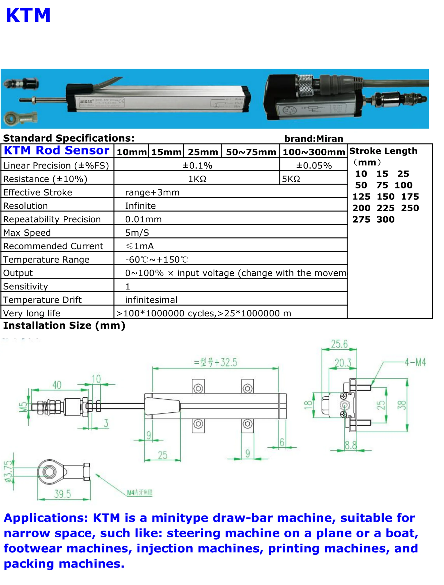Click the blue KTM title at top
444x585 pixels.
[x=28, y=15]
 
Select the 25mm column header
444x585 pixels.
[x=203, y=152]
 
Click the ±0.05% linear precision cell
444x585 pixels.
[x=314, y=166]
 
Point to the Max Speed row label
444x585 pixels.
[x=27, y=233]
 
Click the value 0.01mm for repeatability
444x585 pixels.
[x=143, y=219]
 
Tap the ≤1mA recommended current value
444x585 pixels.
[x=140, y=246]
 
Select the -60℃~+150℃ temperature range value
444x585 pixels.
[x=156, y=260]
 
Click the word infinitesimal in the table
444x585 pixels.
[x=151, y=300]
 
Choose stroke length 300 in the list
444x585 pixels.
[x=386, y=220]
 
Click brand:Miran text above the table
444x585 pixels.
[x=314, y=139]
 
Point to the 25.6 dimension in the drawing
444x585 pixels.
[x=339, y=344]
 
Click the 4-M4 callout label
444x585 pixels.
[x=415, y=362]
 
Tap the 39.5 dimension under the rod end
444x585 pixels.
[x=63, y=494]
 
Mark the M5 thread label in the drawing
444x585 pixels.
[x=23, y=407]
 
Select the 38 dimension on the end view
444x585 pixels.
[x=402, y=405]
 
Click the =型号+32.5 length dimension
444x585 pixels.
[x=216, y=362]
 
